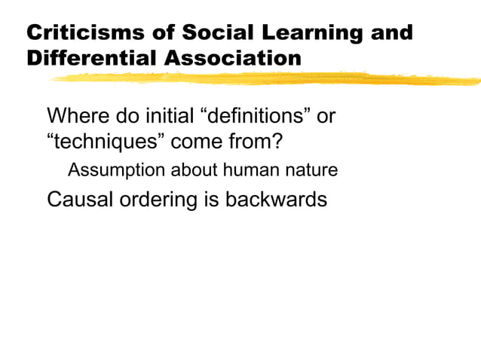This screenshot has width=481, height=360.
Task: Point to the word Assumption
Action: coord(112,171)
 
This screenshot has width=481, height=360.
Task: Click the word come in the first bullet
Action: coord(187,142)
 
